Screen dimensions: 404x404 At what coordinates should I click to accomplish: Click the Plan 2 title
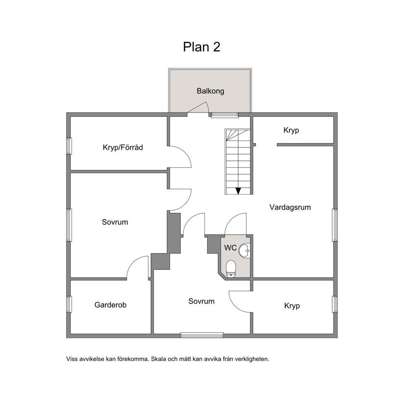point(202,47)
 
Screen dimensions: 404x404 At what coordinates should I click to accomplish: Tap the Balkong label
point(210,91)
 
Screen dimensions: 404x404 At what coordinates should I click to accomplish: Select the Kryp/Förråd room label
point(123,147)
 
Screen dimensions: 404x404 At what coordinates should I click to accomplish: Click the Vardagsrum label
point(290,207)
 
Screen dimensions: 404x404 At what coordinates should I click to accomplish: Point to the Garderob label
point(110,305)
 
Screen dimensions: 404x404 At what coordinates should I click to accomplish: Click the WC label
point(231,248)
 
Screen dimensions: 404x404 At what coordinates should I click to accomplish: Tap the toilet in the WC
point(231,269)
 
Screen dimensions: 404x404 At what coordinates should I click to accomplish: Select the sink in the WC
point(244,251)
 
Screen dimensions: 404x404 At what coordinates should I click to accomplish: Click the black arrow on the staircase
point(238,191)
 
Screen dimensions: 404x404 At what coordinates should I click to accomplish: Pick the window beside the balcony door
point(225,115)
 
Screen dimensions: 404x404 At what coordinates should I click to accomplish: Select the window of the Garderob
point(69,304)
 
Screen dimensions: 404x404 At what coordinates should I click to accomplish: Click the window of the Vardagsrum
point(335,225)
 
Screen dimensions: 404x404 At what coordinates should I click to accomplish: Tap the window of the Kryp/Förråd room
point(69,146)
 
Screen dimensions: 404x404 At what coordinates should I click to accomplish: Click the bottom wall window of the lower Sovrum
point(202,335)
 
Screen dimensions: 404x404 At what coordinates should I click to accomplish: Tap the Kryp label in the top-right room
point(291,130)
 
